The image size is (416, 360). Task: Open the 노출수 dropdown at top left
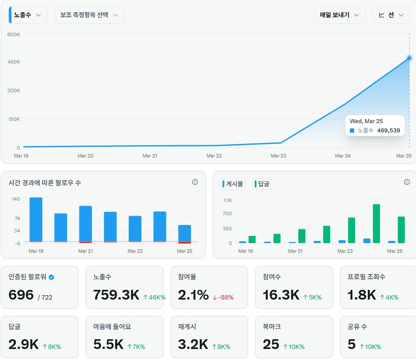pos(28,15)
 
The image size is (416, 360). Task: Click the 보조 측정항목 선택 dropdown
pos(89,15)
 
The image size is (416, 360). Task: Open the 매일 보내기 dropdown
pos(339,15)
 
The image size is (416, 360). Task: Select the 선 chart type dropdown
pos(391,15)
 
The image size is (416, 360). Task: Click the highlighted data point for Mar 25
pos(409,58)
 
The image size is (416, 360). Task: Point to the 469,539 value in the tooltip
pos(388,131)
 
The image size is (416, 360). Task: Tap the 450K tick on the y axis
pos(14,62)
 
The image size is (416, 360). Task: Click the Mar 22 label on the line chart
pos(214,156)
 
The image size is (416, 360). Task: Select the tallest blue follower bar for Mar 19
pos(36,219)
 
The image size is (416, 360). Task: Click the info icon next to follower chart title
pos(195,182)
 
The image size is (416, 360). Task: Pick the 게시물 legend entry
pos(233,184)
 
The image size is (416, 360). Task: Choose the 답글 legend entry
pos(262,184)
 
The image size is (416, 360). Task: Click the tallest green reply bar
pos(376,223)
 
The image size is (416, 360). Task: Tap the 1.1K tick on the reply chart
pos(227,200)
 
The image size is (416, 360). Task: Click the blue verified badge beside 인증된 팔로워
pos(52,277)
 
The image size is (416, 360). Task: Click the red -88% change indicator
pos(223,297)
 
